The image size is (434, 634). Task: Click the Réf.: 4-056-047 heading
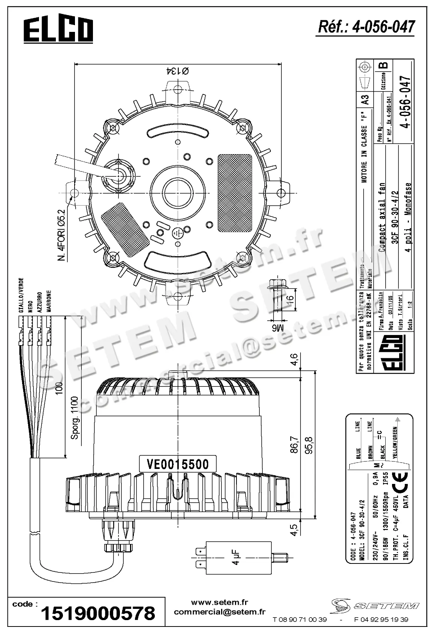366,27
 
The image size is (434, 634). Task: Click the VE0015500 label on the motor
178,464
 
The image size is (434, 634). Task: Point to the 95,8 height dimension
310,445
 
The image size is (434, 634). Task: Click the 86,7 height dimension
294,445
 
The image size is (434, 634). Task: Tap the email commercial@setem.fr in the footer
220,612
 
